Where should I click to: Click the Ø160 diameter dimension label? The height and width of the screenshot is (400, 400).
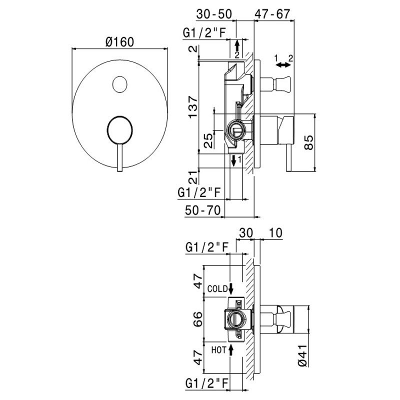click(x=119, y=42)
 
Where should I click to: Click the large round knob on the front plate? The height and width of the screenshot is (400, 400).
click(x=119, y=131)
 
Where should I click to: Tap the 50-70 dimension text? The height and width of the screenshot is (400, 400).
click(x=202, y=210)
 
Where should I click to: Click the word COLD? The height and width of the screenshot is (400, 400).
click(x=218, y=288)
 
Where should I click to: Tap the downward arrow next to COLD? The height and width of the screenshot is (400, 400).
click(x=230, y=288)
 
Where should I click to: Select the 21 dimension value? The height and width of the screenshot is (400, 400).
click(x=192, y=175)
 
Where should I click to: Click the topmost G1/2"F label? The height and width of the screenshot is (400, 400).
click(x=204, y=33)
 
